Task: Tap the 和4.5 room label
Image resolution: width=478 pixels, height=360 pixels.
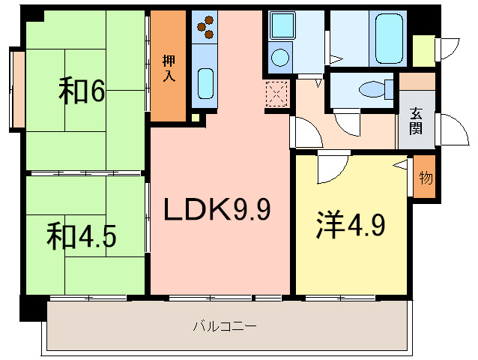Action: coord(82,235)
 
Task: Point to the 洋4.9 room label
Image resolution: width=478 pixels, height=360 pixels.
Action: coord(350,225)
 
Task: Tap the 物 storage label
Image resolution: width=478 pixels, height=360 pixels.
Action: coord(425,178)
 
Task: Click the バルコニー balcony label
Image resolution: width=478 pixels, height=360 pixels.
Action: coord(225,326)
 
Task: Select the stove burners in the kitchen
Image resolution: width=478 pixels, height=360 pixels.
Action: coord(204,28)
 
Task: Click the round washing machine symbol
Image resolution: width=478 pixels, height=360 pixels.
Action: coord(280,57)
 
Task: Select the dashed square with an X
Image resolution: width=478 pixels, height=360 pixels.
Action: coord(276,94)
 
